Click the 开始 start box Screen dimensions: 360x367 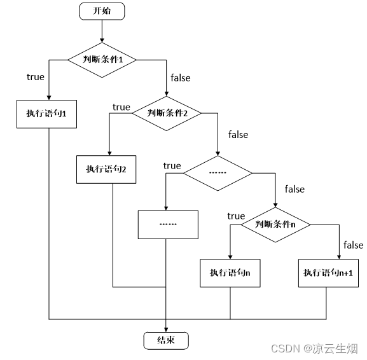(102, 11)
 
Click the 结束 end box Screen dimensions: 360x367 (166, 340)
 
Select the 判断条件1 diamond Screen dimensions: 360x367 (102, 59)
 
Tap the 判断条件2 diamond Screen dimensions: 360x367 (166, 112)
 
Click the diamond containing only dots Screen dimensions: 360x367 (218, 172)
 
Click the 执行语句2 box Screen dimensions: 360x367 (107, 169)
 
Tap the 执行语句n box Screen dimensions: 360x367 (230, 272)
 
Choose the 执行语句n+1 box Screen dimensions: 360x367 (328, 272)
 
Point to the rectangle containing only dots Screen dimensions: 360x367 (169, 225)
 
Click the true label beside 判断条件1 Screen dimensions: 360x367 (36, 77)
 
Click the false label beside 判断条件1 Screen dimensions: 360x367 (180, 78)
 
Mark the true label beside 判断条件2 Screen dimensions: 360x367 (121, 107)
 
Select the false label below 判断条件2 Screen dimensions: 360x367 (239, 134)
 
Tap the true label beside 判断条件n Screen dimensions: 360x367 (236, 216)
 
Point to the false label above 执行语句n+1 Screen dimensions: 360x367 (353, 245)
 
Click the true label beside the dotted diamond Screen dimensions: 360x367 (172, 166)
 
